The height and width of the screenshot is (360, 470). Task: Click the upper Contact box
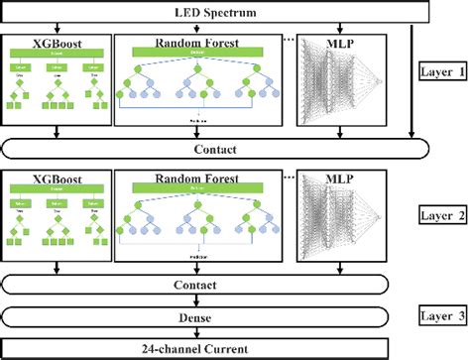pyautogui.click(x=215, y=149)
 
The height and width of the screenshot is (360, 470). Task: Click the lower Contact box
pyautogui.click(x=215, y=286)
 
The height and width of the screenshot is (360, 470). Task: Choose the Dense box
pyautogui.click(x=215, y=317)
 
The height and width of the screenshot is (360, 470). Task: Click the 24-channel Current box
pyautogui.click(x=215, y=349)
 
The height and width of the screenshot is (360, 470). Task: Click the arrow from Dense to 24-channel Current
pyautogui.click(x=215, y=333)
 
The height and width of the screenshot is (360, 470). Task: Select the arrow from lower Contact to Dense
pyautogui.click(x=215, y=301)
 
